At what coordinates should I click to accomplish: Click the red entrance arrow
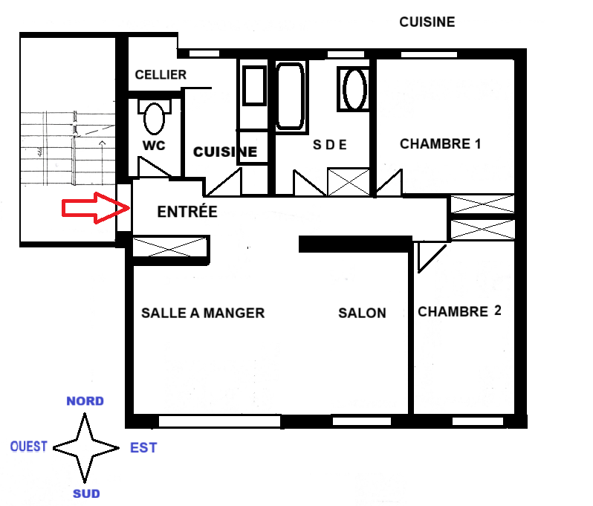pos(96,207)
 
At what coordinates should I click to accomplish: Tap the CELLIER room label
pos(161,74)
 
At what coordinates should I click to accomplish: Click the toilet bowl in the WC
pos(155,119)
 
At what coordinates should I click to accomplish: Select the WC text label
pos(154,146)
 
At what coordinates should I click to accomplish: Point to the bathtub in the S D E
pos(291,97)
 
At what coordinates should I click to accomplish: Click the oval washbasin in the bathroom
pos(354,89)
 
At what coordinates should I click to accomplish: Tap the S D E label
pos(330,144)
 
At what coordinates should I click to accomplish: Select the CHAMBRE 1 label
pos(440,143)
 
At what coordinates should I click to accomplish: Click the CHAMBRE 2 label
pos(459,311)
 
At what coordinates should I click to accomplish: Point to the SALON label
pos(362,313)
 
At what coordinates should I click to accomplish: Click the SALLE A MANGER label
pos(203,313)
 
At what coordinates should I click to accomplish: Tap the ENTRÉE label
pos(187,211)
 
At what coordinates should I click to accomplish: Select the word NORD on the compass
pos(85,401)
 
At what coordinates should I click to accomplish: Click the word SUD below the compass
pos(86,493)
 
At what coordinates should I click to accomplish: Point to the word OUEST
pos(29,447)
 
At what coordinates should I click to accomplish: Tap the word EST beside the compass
pos(143,448)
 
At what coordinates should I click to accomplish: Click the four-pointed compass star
pos(85,448)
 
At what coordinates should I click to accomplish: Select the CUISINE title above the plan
pos(427,22)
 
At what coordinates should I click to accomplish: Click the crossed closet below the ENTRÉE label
pos(170,247)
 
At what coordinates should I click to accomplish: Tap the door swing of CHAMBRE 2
pos(432,258)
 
